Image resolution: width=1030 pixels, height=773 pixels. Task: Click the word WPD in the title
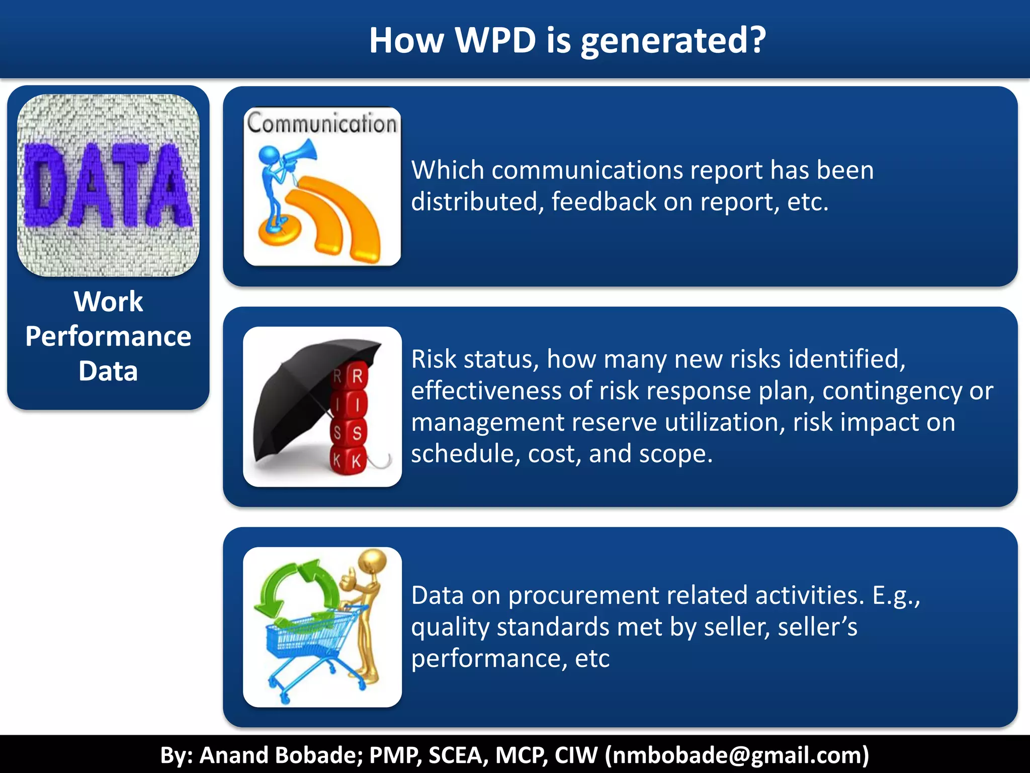coord(495,40)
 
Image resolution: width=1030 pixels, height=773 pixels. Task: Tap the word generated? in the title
coord(673,41)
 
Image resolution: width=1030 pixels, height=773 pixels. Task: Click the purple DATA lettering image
coord(108,185)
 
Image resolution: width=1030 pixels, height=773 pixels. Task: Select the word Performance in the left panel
coord(108,336)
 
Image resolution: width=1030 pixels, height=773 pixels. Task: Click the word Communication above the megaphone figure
coord(322,123)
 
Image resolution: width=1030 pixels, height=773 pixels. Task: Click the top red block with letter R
coord(357,376)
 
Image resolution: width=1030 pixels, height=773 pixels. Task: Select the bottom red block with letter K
coord(356,460)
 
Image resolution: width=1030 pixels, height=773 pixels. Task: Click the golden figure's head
coord(373,560)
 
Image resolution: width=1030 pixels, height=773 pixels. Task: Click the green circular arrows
coord(297,589)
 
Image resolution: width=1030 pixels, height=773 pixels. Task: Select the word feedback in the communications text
coord(604,202)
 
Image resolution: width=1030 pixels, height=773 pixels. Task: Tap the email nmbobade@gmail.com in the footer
coord(737,755)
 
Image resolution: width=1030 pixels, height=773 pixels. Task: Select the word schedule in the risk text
coord(462,454)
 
